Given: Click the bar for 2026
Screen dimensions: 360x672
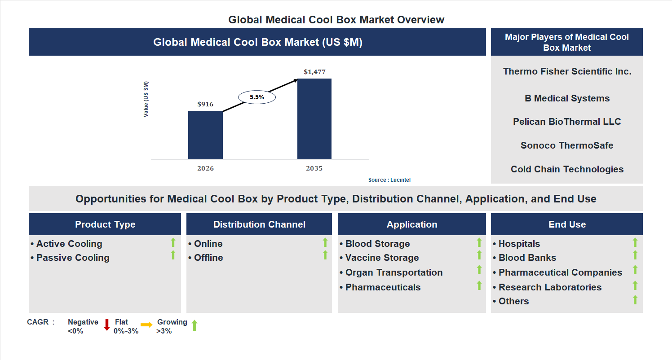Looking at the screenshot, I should point(205,135).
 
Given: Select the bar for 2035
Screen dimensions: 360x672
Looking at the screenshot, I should point(314,119).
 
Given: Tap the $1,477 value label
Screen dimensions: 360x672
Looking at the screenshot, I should point(314,72).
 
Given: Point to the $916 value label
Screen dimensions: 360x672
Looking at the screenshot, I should point(205,104).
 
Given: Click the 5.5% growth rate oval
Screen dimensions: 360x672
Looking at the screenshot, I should point(256,97).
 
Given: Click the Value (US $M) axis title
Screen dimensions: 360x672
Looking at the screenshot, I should point(146,99).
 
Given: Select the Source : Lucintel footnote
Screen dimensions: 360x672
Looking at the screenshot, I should point(389,180).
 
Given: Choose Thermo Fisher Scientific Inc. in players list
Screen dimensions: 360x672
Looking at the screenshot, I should point(567,71).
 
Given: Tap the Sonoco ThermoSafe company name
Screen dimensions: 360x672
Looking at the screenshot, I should point(567,145).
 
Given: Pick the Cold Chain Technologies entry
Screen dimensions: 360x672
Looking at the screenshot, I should point(567,169).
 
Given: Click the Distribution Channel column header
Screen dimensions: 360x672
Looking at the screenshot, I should point(259,224).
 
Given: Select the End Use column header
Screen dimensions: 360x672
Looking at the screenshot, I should point(567,224).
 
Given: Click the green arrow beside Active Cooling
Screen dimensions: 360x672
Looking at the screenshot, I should point(173,243).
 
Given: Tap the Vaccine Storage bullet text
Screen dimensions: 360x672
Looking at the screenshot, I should point(382,258).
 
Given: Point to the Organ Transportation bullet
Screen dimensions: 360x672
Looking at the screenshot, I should point(393,272).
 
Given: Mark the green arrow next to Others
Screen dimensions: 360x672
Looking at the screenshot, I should point(635,300).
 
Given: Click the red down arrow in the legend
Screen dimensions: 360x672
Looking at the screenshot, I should point(107,325).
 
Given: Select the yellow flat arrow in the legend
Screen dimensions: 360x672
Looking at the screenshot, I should point(146,325).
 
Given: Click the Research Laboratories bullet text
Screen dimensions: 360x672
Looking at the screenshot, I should point(550,287).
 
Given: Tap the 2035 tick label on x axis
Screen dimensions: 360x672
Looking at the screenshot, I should point(314,169).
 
